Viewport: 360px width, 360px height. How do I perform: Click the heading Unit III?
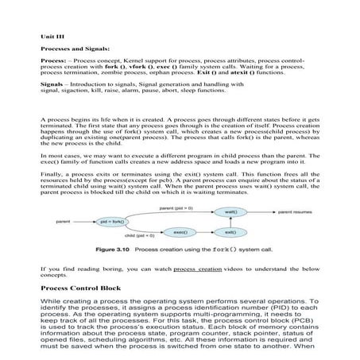coord(52,36)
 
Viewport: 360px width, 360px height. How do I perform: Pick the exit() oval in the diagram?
coord(230,231)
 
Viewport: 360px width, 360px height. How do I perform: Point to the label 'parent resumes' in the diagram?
coord(296,213)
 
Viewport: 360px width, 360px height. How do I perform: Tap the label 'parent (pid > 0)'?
coord(176,207)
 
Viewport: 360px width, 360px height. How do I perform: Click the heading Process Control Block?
coord(83,288)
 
